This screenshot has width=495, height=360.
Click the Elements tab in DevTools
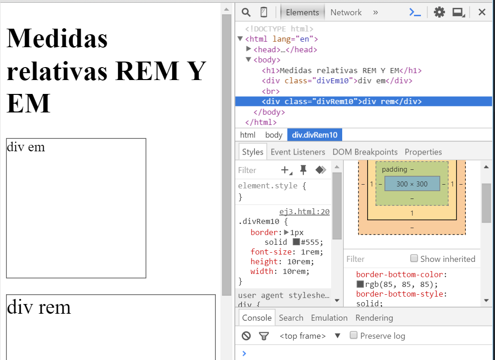(x=302, y=12)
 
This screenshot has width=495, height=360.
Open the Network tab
(x=345, y=12)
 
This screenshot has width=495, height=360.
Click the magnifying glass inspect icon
(x=246, y=12)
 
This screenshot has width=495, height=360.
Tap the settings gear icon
(x=439, y=12)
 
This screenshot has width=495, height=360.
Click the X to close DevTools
(x=482, y=12)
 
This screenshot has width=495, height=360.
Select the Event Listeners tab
(x=298, y=152)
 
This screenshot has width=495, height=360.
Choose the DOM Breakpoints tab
(x=365, y=152)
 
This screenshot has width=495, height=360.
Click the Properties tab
(x=423, y=152)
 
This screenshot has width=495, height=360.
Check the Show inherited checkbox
(x=414, y=258)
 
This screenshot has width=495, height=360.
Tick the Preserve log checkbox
(x=354, y=335)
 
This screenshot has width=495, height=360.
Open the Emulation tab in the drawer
(x=329, y=318)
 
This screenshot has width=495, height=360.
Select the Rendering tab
(x=374, y=318)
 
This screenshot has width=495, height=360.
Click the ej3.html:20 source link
(x=304, y=212)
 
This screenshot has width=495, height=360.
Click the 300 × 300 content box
(x=412, y=184)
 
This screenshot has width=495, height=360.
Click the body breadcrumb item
(x=274, y=135)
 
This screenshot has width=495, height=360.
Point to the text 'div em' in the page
(x=26, y=147)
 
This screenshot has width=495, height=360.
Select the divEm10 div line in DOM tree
(x=337, y=81)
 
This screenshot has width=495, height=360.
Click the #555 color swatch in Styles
(x=296, y=242)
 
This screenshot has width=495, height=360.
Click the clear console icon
(x=246, y=336)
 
